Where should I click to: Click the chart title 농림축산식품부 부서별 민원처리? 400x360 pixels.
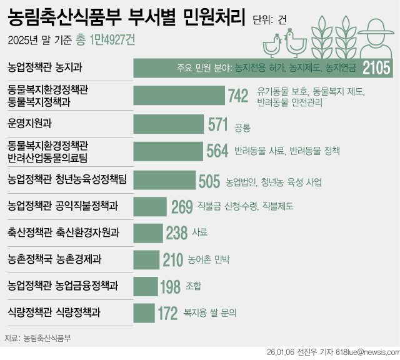126,16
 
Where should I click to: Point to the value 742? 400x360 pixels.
239,96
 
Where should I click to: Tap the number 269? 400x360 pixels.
182,206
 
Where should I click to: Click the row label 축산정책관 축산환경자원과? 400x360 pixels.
64,232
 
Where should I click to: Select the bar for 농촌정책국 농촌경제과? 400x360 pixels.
146,259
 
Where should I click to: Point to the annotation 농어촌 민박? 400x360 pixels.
210,259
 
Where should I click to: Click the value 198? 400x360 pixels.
170,286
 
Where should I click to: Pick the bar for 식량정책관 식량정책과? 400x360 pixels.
144,312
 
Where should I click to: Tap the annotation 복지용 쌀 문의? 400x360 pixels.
211,312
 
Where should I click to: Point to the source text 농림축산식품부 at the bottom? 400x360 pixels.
47,339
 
